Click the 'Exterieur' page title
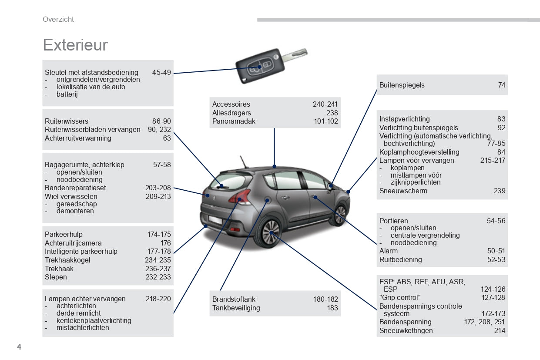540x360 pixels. coord(75,45)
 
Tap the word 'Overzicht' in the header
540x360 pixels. coord(58,19)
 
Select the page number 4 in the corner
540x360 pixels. coord(19,347)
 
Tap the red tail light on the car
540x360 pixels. coord(240,196)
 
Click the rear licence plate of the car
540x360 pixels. coord(215,220)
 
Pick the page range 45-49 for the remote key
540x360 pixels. coord(161,72)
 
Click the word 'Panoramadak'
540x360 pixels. coord(234,121)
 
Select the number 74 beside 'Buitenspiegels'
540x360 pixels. coord(502,85)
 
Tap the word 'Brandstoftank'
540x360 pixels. coord(234,299)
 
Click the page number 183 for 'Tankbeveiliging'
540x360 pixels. coord(332,308)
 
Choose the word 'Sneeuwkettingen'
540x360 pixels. coord(406,330)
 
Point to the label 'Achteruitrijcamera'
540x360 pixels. coord(73,243)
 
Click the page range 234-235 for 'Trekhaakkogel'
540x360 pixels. coord(158,260)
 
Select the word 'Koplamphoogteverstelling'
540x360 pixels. coord(419,152)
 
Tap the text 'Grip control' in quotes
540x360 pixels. coord(400,298)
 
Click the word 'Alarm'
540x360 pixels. coord(389,251)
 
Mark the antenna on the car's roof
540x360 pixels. coord(244,162)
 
